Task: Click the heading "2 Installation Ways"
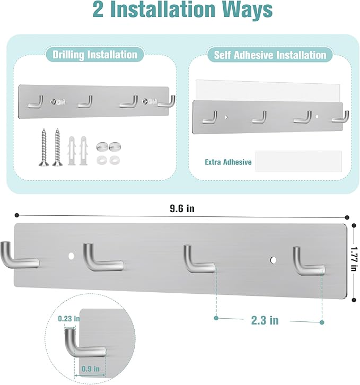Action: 182,11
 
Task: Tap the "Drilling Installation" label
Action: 94,54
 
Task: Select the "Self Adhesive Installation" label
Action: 270,55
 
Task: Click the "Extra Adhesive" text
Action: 228,162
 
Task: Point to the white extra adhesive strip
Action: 298,161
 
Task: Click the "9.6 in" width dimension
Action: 182,208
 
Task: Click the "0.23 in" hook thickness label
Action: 69,318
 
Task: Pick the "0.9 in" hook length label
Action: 90,367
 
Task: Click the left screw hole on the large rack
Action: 71,256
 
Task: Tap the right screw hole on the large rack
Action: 273,260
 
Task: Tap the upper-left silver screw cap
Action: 102,146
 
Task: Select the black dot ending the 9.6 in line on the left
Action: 17,215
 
